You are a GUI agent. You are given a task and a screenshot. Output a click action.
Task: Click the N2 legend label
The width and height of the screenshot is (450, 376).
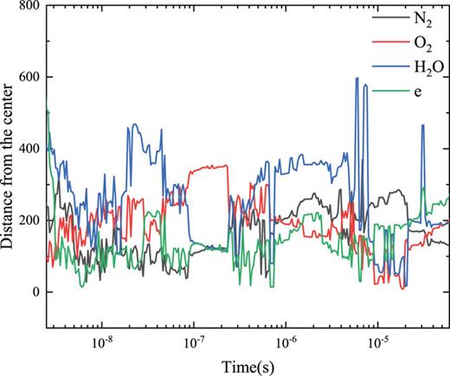point(424,17)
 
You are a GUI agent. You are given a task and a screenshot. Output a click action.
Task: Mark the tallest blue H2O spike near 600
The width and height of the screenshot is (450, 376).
point(357,79)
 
